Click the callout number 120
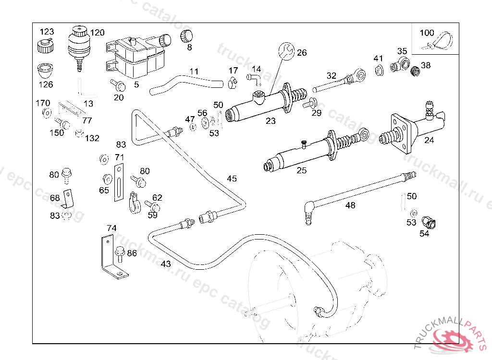pyautogui.click(x=98, y=33)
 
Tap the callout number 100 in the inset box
pyautogui.click(x=427, y=33)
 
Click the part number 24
pyautogui.click(x=429, y=140)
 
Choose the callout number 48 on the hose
pyautogui.click(x=351, y=205)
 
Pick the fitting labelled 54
pyautogui.click(x=428, y=222)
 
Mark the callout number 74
pyautogui.click(x=111, y=228)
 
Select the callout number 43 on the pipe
pyautogui.click(x=166, y=264)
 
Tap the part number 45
pyautogui.click(x=232, y=179)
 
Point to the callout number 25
pyautogui.click(x=301, y=170)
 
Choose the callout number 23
pyautogui.click(x=271, y=121)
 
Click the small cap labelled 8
pyautogui.click(x=186, y=36)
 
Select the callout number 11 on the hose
pyautogui.click(x=194, y=72)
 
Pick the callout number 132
pyautogui.click(x=92, y=138)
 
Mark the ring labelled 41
pyautogui.click(x=379, y=71)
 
